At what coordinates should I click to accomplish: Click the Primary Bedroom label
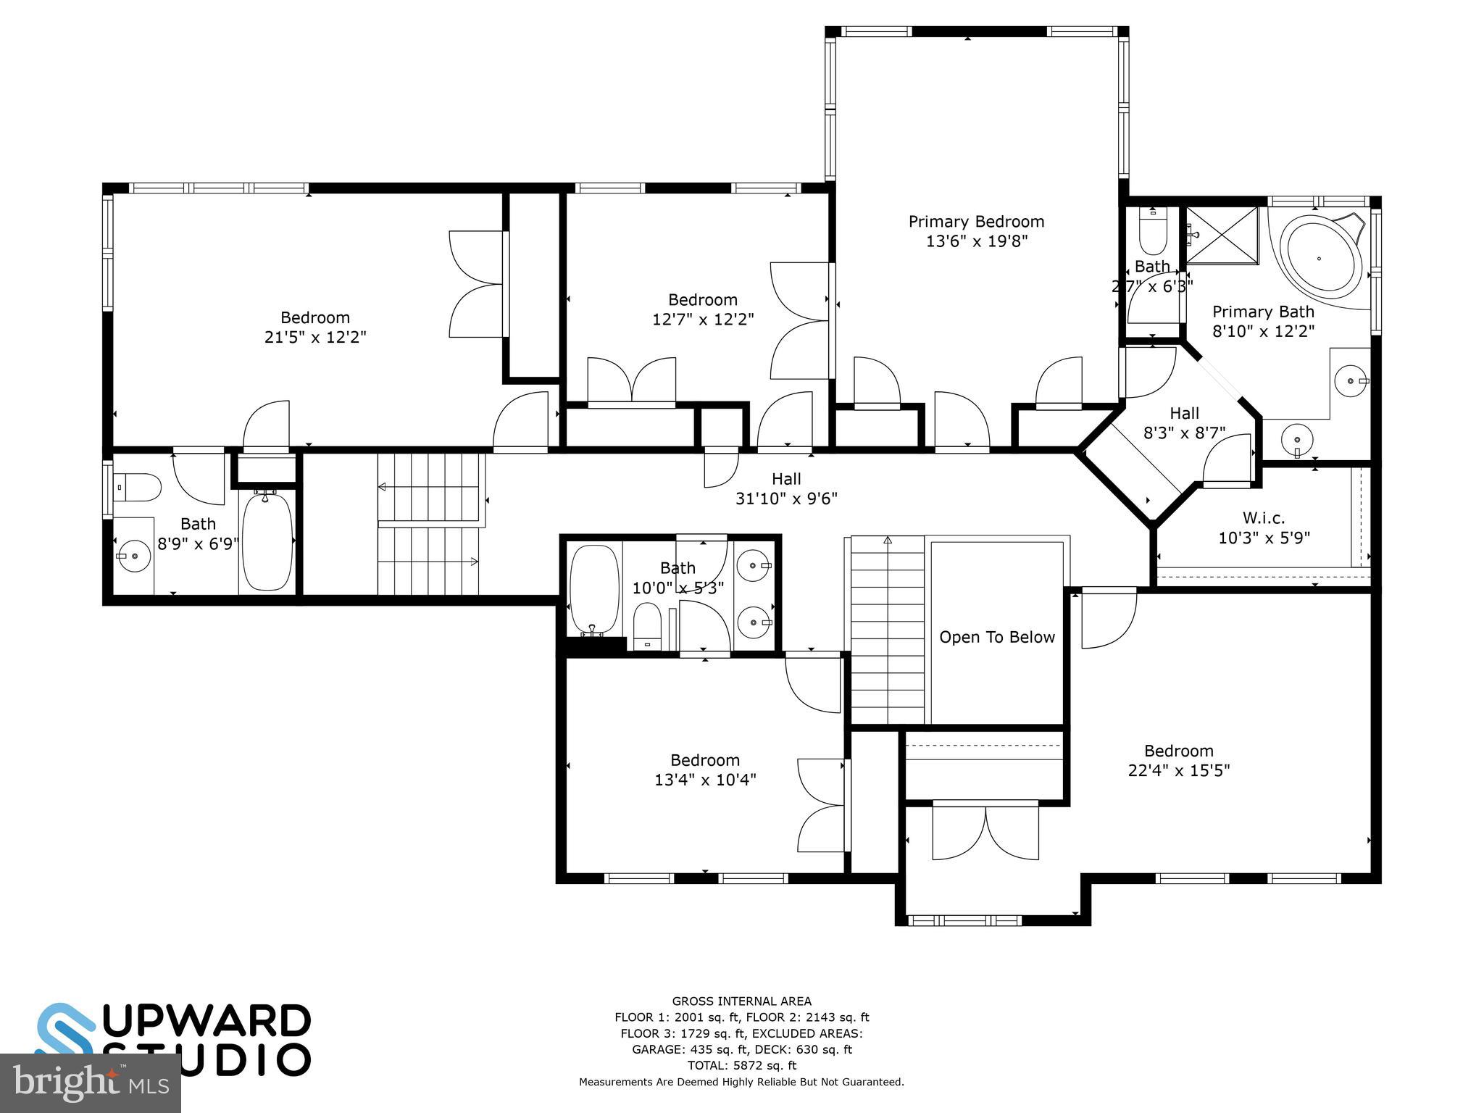click(976, 222)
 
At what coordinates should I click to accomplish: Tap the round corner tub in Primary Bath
click(1319, 259)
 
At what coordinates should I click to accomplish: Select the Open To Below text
click(996, 637)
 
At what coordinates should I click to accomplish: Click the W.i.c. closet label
click(1264, 518)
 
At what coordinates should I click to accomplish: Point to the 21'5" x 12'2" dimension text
click(315, 337)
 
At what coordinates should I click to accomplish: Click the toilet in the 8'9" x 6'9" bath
click(138, 488)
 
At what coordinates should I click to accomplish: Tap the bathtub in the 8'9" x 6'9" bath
click(267, 541)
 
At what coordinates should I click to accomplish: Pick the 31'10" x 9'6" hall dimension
click(786, 499)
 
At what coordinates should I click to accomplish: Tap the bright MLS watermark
click(91, 1083)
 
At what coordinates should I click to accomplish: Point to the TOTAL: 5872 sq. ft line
click(741, 1065)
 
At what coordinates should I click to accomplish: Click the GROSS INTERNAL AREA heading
click(741, 1001)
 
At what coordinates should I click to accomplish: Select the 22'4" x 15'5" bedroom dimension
click(1178, 770)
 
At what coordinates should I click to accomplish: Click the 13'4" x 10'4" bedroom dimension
click(705, 780)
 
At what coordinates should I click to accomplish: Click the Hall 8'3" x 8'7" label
click(1184, 423)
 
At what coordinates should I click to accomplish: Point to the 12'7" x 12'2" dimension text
click(703, 320)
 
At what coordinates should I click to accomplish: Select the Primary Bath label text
click(1263, 312)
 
